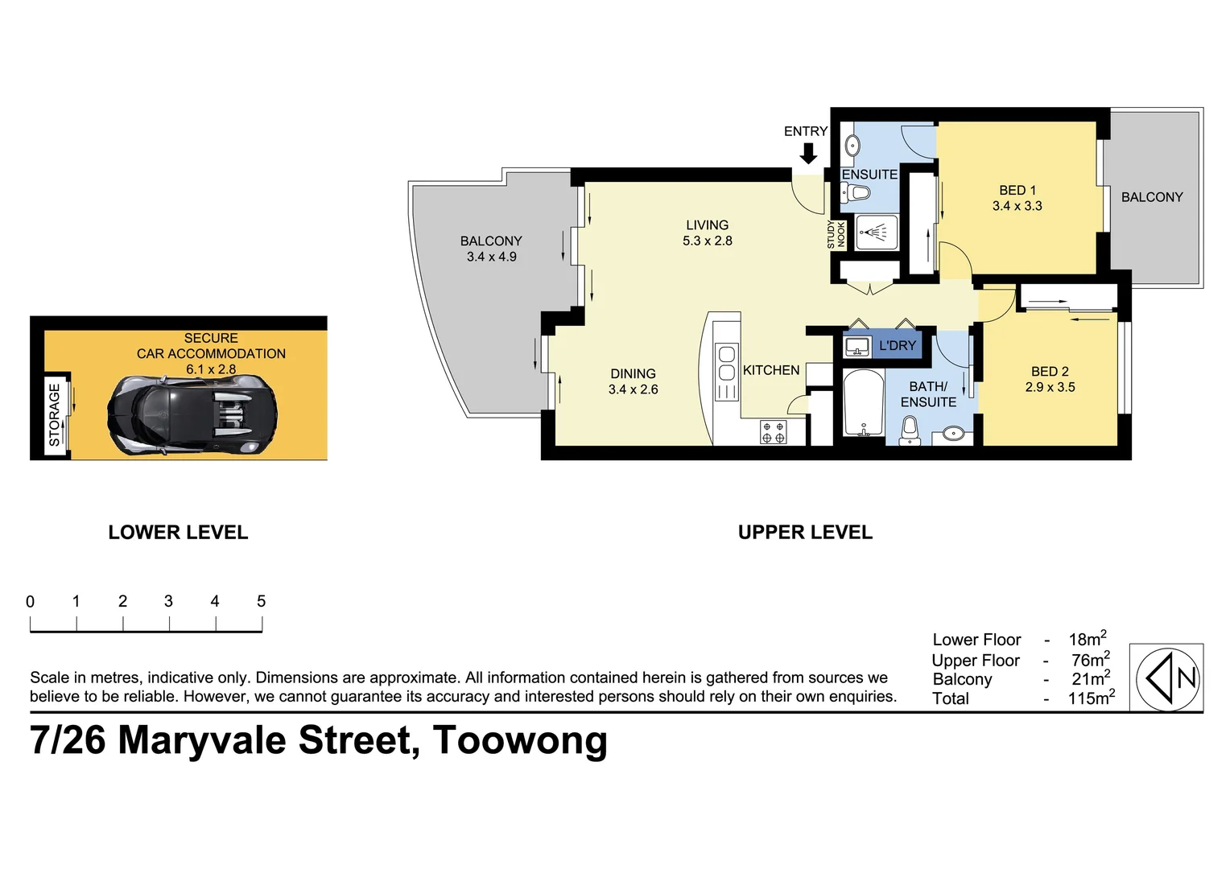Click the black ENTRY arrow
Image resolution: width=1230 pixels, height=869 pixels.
[808, 153]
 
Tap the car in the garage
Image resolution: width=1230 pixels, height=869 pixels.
[192, 415]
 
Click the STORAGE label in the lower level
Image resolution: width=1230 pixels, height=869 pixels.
[54, 414]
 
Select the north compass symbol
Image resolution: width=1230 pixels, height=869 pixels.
[1166, 678]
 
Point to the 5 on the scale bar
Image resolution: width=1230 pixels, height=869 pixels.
[261, 601]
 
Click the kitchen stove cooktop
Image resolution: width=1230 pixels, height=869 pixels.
[773, 432]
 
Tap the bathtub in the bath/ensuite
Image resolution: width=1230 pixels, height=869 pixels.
[862, 403]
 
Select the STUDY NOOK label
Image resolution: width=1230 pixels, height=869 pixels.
[836, 234]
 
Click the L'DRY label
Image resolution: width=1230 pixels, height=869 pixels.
[897, 345]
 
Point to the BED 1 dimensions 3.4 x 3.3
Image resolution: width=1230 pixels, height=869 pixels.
[1017, 206]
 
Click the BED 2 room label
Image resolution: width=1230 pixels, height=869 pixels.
[1050, 371]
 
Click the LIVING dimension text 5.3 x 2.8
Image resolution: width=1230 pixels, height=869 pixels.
[707, 241]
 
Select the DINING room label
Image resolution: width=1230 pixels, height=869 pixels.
[633, 373]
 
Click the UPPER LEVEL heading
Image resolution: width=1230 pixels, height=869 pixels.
[805, 532]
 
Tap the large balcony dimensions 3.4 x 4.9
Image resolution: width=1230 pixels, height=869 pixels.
[491, 257]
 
